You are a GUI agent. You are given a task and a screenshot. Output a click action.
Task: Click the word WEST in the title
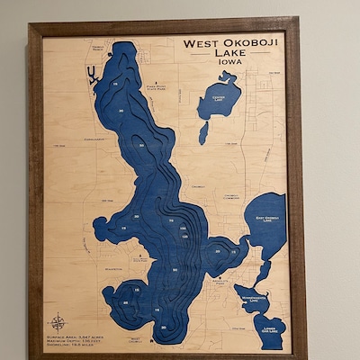click(202, 42)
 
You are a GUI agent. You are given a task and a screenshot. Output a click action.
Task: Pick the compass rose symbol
click(58, 320)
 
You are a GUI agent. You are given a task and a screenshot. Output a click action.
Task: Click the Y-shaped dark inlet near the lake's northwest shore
click(92, 76)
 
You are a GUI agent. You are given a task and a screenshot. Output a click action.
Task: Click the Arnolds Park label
click(219, 282)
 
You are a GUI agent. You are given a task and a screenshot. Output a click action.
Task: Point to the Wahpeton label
click(114, 267)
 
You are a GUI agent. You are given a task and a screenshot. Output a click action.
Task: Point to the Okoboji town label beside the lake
click(198, 186)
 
